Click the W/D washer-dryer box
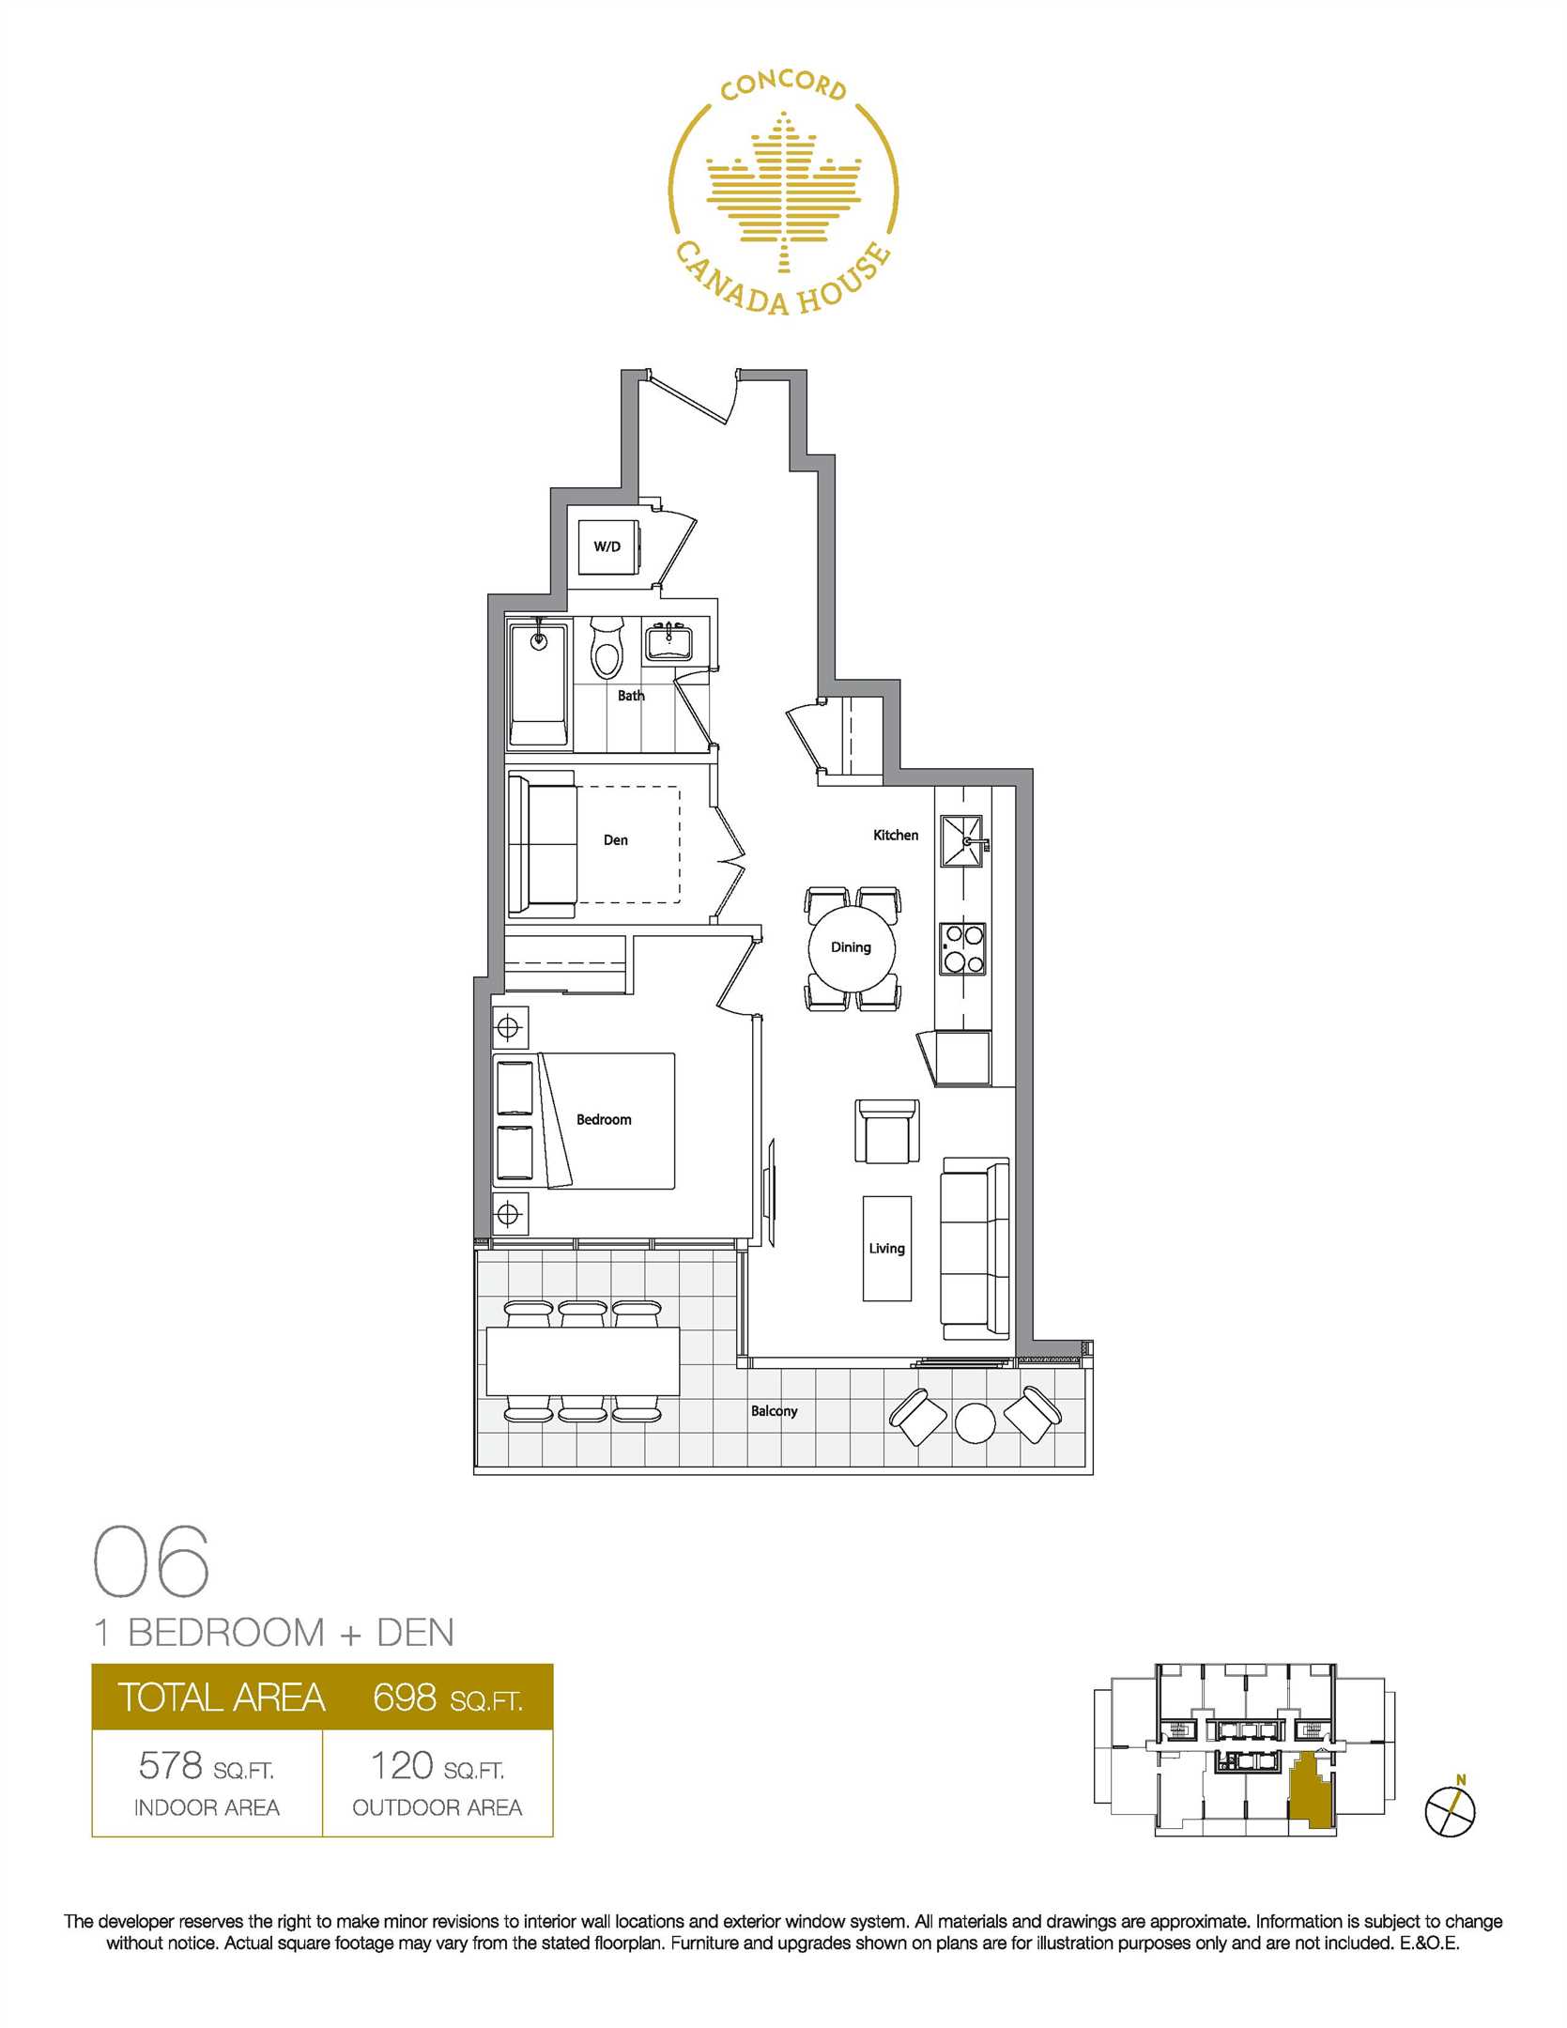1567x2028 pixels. coord(608,546)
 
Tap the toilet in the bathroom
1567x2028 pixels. coord(607,647)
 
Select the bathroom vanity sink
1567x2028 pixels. coord(668,643)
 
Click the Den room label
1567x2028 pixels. coord(616,840)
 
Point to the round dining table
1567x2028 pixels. coord(852,947)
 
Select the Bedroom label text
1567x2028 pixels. coord(604,1120)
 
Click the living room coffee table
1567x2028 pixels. coord(887,1248)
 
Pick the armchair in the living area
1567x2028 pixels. coord(887,1131)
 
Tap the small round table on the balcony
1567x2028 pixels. coord(976,1422)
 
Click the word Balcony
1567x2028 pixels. coord(775,1410)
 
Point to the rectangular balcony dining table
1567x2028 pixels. coord(583,1361)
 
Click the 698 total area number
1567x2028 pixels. coord(405,1697)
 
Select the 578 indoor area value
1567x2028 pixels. coord(170,1765)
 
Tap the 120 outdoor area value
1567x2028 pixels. coord(402,1765)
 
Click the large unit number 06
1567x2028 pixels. coord(151,1560)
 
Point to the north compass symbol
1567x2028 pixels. coord(1451,1811)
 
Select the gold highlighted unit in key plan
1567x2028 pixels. coord(1313,1792)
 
